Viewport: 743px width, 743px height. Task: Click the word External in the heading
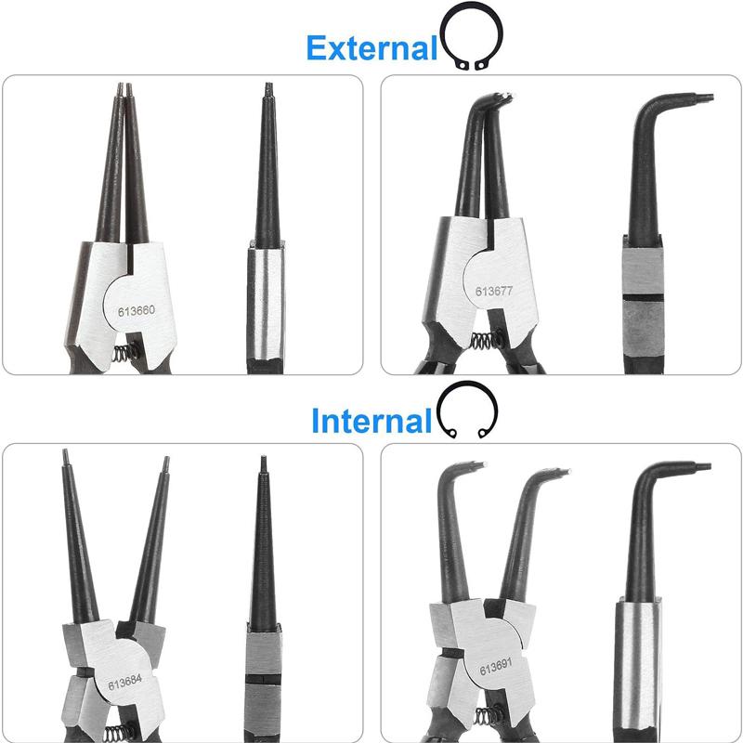[x=371, y=47]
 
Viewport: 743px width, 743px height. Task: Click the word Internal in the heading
[x=371, y=421]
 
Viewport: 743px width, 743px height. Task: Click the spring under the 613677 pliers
[x=482, y=341]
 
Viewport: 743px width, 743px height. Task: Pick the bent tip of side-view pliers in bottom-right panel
[x=701, y=466]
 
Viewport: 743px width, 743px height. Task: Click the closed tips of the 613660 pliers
[x=124, y=90]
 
